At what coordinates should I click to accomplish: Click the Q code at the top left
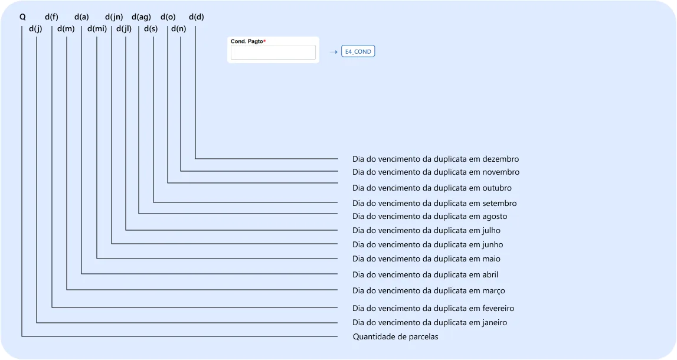click(x=22, y=17)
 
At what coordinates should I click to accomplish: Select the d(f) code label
click(x=51, y=17)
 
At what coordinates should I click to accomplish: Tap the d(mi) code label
click(x=97, y=29)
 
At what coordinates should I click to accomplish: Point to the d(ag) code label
click(x=141, y=17)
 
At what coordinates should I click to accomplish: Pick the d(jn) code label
click(x=114, y=17)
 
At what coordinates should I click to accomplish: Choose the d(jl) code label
click(x=124, y=29)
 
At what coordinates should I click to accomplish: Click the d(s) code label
click(x=151, y=29)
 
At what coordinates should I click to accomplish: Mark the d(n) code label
click(x=178, y=29)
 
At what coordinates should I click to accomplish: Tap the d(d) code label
click(x=197, y=17)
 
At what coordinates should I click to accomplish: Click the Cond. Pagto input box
click(x=273, y=53)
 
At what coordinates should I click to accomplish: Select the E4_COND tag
click(x=358, y=51)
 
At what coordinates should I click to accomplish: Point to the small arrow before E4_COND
click(x=333, y=52)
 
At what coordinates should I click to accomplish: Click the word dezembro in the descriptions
click(x=501, y=159)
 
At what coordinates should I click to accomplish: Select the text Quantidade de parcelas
click(x=395, y=337)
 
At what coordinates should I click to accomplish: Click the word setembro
click(x=499, y=203)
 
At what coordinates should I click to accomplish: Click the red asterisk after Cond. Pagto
click(x=264, y=41)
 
